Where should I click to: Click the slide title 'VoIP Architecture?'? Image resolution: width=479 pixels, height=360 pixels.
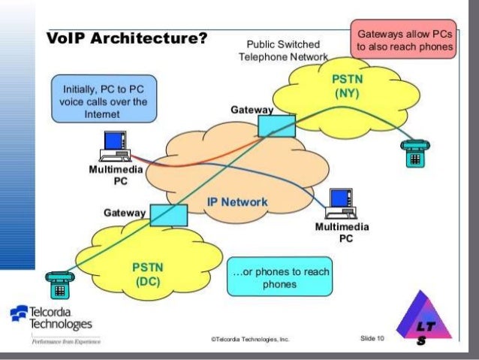127,38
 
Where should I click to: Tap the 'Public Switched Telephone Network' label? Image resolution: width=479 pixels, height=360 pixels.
283,50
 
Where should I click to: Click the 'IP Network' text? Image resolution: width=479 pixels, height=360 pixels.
236,203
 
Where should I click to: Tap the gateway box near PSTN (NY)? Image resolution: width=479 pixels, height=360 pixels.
276,125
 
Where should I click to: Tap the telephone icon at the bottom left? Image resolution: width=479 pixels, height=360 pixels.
58,284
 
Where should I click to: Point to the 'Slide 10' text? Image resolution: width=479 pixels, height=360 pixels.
372,339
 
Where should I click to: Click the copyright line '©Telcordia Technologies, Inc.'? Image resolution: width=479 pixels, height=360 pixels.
249,340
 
